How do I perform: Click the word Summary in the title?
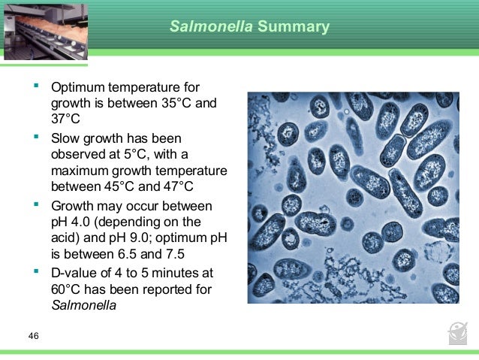(x=294, y=27)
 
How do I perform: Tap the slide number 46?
(x=33, y=335)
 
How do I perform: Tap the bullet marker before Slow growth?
(x=35, y=137)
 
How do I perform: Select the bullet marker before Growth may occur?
(x=35, y=204)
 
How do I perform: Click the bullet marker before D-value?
(x=35, y=271)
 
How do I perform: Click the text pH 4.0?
(x=75, y=222)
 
